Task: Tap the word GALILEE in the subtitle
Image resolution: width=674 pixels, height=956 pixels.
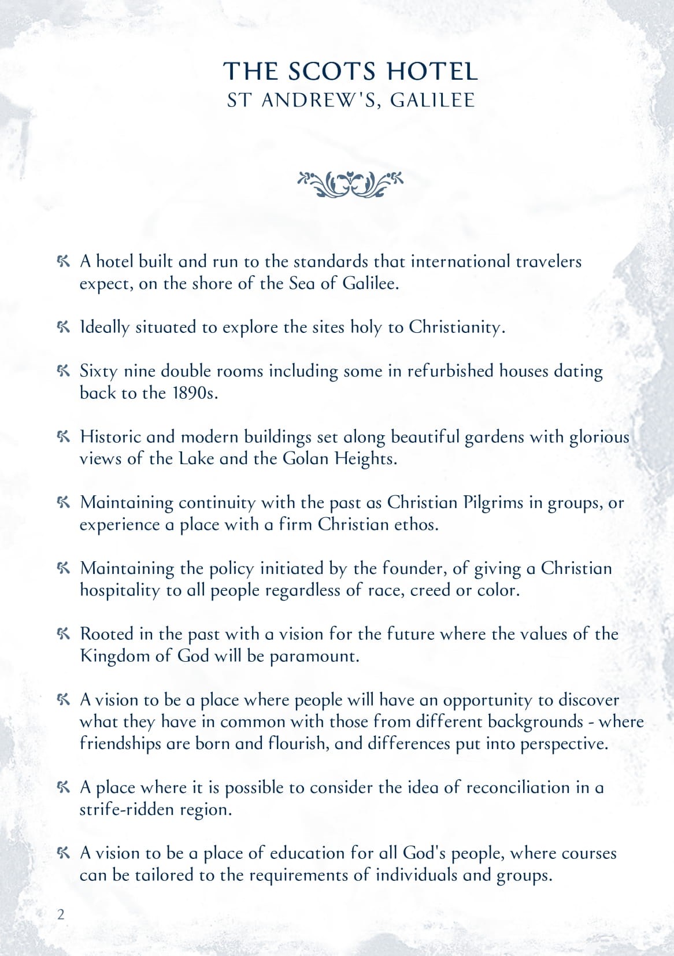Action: [x=432, y=101]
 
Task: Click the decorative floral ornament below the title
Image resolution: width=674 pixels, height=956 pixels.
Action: [x=350, y=184]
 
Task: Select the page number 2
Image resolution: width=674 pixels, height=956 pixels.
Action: [x=61, y=914]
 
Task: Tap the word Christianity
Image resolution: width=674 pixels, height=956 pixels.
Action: [x=457, y=327]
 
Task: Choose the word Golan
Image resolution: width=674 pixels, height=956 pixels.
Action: [x=307, y=459]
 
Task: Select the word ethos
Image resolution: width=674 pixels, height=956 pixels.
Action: [x=415, y=525]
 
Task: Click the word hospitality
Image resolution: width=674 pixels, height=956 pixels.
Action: [x=119, y=591]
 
